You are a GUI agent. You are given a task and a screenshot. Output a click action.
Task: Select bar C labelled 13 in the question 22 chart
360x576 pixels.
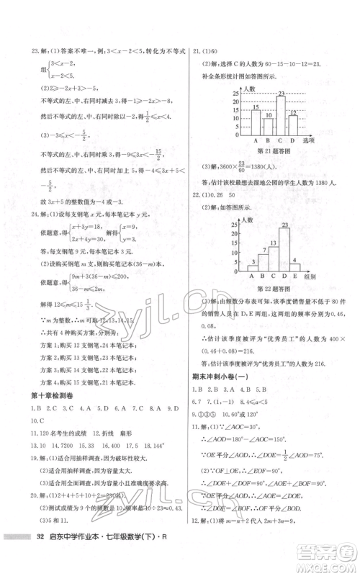point(273,257)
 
